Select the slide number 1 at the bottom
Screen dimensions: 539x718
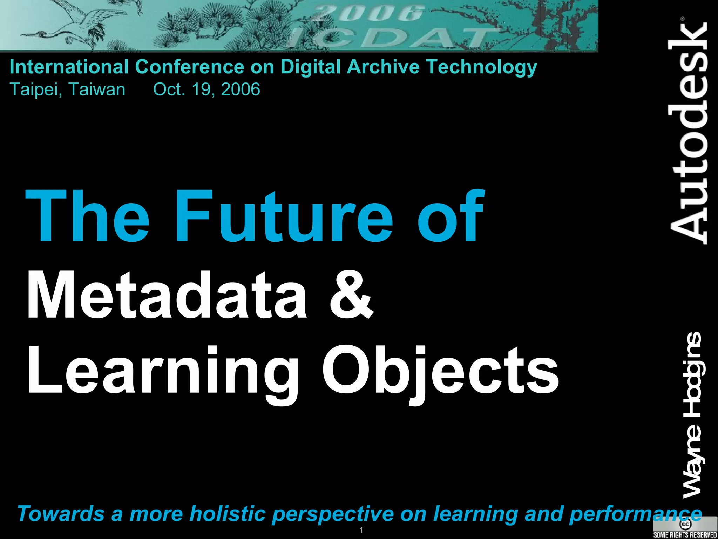point(361,530)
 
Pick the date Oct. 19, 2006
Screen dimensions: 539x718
point(206,89)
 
